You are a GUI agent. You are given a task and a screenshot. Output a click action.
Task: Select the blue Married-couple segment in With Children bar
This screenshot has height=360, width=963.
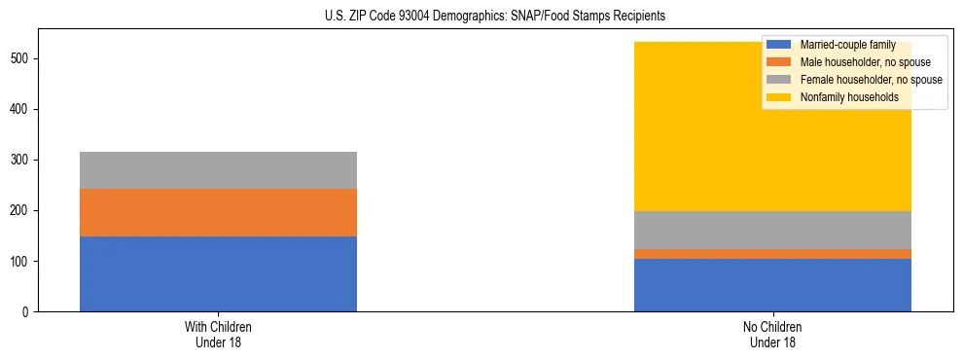pos(218,273)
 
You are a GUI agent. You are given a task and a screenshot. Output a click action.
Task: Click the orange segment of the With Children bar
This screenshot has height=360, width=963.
pos(218,212)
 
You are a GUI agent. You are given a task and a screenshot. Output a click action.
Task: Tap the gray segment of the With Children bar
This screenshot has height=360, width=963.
pos(218,170)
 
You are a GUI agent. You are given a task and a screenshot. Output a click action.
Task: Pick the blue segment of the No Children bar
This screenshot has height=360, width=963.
pos(772,285)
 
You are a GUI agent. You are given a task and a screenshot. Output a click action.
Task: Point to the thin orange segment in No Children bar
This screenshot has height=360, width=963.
pos(772,254)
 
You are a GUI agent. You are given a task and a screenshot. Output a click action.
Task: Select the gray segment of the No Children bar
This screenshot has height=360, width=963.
pos(772,230)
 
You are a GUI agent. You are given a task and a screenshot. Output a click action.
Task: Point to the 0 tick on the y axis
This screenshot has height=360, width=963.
pos(28,312)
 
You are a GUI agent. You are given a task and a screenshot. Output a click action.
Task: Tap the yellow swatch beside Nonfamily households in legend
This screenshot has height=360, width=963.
pos(779,97)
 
